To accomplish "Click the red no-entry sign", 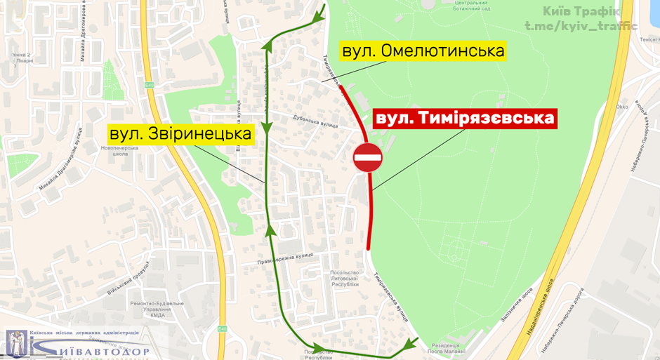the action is click(368, 157).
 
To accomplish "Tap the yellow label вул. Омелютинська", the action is click(423, 51).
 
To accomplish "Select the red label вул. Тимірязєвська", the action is click(464, 118).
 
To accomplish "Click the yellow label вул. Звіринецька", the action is click(180, 133).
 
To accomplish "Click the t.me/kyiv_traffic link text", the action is click(581, 27).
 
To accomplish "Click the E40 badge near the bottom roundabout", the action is click(222, 328).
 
